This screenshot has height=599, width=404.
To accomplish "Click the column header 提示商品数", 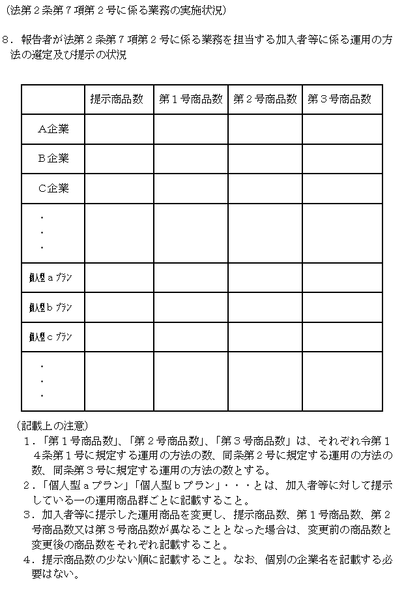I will pos(117,99).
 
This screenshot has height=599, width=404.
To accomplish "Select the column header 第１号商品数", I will pos(190,99).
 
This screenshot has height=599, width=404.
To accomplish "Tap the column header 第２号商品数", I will pos(265,99).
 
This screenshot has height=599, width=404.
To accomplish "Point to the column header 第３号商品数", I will pos(339,99).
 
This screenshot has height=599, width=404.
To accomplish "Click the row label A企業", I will pos(53,129).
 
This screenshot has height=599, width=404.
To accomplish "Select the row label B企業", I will pos(53,159).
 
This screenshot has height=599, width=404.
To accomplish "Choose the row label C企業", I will pos(53,189).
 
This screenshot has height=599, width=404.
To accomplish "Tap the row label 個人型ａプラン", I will pos(51,278).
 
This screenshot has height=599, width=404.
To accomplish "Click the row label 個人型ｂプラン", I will pos(51,307).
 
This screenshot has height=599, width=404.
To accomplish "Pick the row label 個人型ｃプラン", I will pos(51,337).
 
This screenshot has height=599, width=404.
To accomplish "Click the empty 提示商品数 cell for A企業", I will pos(119,129).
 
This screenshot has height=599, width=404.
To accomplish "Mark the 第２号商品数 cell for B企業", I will pos(265,159).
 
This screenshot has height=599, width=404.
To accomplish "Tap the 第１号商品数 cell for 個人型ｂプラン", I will pos(190,307).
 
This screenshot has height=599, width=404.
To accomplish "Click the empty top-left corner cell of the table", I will pos(53,99).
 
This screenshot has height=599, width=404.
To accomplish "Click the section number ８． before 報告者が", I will pos(9,40).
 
